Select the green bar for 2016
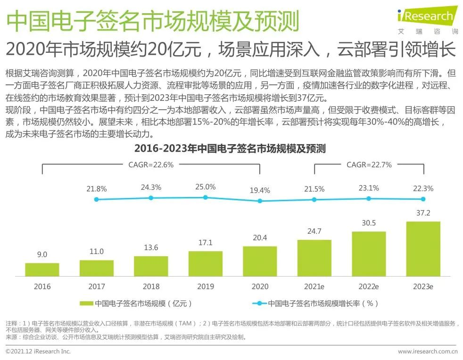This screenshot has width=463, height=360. [x=42, y=270]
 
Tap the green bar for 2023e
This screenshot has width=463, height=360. [x=423, y=249]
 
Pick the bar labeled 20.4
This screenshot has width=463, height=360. [x=260, y=261]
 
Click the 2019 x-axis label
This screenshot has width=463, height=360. [x=206, y=286]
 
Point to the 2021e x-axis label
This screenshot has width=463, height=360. [x=314, y=286]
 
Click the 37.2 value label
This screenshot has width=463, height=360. [x=423, y=213]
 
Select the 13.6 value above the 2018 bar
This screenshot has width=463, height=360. [x=151, y=247]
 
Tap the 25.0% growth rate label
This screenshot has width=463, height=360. [x=206, y=187]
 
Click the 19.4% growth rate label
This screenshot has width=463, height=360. [x=260, y=190]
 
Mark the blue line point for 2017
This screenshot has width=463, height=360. [x=97, y=199]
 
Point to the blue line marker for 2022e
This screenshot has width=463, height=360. [x=369, y=198]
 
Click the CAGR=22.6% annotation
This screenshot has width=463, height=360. [x=151, y=165]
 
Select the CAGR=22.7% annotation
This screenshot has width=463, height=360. [x=369, y=165]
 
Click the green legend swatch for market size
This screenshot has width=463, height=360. [x=86, y=304]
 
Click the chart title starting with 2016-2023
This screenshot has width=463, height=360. [x=230, y=148]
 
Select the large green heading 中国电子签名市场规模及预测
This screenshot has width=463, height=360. [x=153, y=21]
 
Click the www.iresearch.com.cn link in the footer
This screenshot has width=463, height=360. [x=427, y=352]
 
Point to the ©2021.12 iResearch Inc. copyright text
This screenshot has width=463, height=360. [x=38, y=352]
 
